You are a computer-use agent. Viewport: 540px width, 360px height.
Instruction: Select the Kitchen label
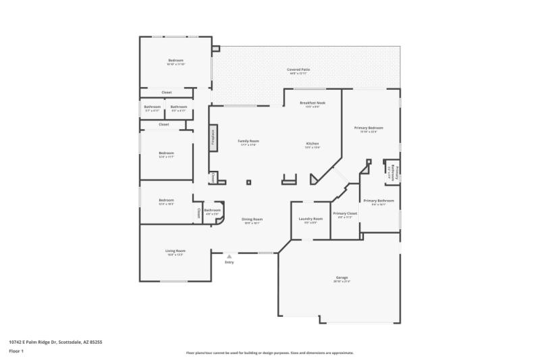[x=313, y=144]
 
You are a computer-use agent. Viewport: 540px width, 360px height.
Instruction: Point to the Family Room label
[x=248, y=141]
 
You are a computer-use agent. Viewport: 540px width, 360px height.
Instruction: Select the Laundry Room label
[x=310, y=219]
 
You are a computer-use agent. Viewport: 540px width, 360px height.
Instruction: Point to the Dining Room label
[x=252, y=220]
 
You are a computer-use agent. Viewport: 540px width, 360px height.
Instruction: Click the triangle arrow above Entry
[x=230, y=256]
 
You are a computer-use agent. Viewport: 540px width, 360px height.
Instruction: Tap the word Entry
[x=230, y=262]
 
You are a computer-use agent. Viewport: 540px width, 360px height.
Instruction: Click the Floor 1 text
[x=16, y=351]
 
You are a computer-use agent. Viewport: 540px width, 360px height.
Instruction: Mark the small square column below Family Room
[x=248, y=182]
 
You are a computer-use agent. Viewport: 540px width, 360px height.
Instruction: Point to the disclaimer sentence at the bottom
[x=269, y=353]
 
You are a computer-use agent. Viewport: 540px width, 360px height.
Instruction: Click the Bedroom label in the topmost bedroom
[x=175, y=61]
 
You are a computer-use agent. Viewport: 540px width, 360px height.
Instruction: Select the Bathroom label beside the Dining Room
[x=213, y=210]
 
